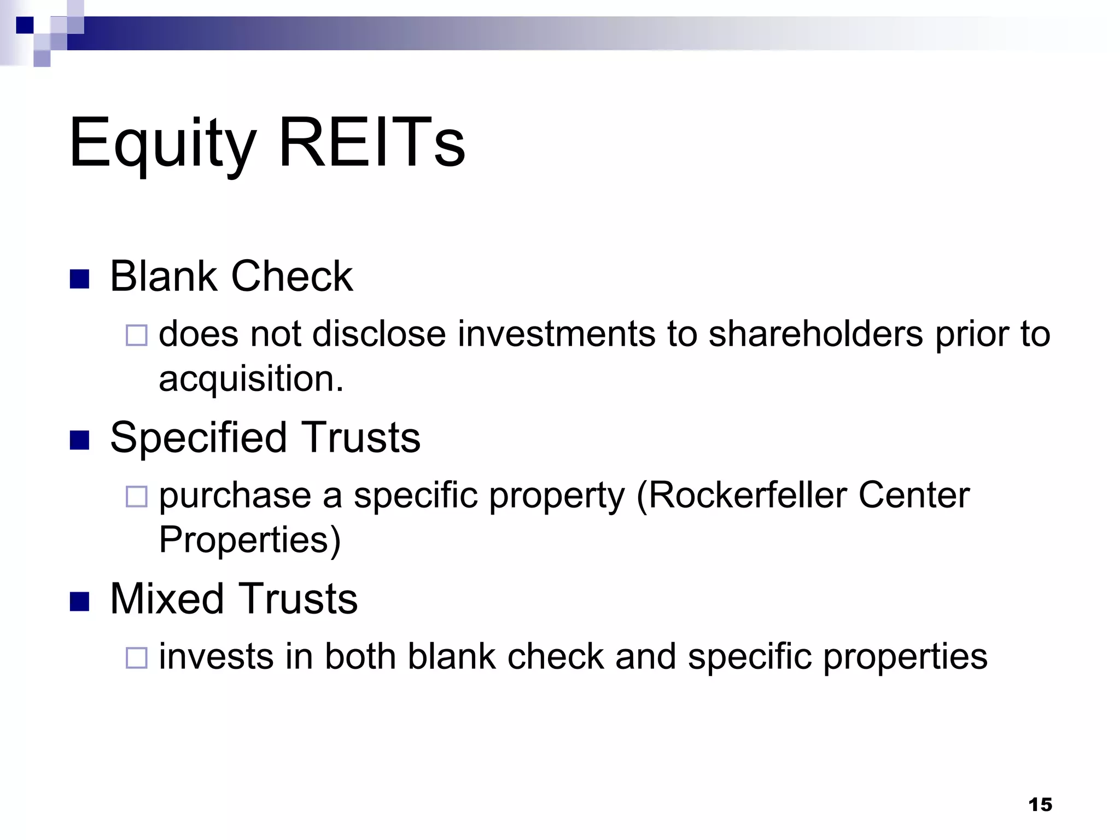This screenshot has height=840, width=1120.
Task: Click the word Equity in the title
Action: (162, 143)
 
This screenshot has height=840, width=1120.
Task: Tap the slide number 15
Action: (1040, 804)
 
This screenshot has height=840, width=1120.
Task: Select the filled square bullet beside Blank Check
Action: (79, 279)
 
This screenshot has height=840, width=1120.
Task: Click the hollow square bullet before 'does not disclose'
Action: (137, 335)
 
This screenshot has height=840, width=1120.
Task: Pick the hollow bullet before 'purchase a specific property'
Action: (137, 497)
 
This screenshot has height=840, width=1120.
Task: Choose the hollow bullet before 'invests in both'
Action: (137, 658)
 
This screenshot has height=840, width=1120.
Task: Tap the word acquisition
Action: (251, 378)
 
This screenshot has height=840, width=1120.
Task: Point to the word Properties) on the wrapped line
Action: (249, 540)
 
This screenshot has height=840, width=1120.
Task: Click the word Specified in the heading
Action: (198, 437)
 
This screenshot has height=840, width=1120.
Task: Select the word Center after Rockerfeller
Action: (914, 495)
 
